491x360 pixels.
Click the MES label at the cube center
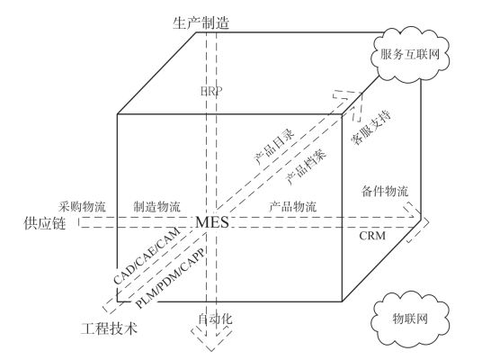click(212, 222)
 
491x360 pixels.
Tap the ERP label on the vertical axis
click(211, 91)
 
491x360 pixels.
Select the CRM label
click(372, 236)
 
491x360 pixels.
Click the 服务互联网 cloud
click(410, 55)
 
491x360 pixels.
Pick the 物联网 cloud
click(410, 319)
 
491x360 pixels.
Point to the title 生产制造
click(201, 22)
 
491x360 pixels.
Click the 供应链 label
click(45, 224)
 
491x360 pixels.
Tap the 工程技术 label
click(109, 328)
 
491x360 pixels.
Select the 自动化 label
click(215, 319)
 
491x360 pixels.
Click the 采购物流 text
click(82, 206)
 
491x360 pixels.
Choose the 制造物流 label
click(156, 206)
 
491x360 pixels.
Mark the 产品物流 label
click(293, 206)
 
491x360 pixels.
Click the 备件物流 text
click(385, 191)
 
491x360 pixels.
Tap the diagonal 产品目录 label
click(274, 147)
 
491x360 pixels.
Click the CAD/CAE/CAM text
click(147, 256)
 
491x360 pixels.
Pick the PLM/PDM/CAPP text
click(170, 278)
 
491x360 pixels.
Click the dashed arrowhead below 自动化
click(211, 339)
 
